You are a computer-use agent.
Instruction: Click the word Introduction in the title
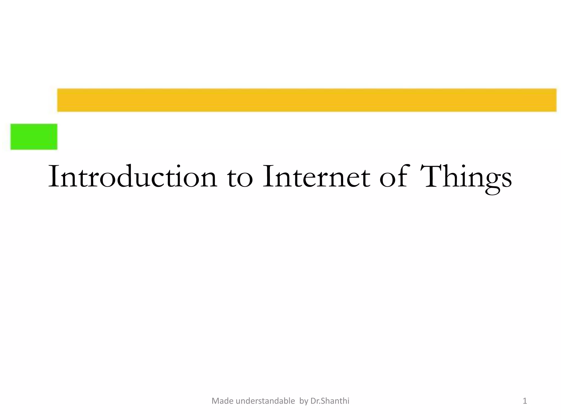(x=133, y=176)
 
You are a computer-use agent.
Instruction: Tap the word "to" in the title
(x=240, y=178)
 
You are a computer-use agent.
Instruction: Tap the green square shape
(x=34, y=137)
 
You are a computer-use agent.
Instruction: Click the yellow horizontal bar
(x=307, y=100)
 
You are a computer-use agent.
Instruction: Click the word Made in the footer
(x=223, y=401)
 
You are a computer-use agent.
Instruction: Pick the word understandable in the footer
(x=265, y=401)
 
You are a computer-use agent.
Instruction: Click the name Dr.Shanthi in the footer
(x=330, y=401)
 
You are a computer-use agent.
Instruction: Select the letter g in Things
(x=492, y=182)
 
